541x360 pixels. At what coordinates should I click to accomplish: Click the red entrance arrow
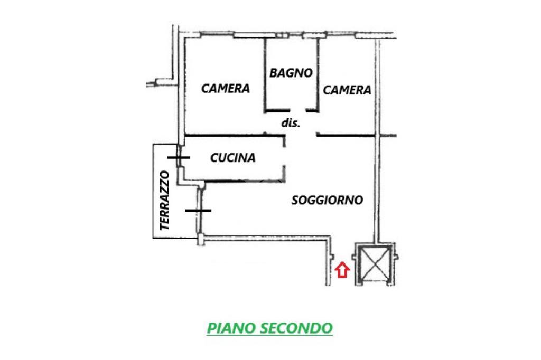[342, 270]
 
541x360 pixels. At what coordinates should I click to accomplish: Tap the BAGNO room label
[291, 73]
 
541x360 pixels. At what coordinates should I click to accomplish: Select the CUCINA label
[232, 157]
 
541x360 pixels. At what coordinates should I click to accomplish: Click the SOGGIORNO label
[327, 200]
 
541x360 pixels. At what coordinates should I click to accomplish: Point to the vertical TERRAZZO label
[165, 200]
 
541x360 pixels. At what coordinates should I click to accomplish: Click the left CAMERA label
[226, 88]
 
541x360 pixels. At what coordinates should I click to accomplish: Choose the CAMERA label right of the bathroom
[347, 90]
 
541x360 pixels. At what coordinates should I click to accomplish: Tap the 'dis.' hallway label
[291, 123]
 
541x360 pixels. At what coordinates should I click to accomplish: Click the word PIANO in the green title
[231, 328]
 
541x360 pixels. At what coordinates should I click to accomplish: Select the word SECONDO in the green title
[296, 328]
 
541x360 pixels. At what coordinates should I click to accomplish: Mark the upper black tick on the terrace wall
[179, 157]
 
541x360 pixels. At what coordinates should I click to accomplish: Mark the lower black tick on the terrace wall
[198, 210]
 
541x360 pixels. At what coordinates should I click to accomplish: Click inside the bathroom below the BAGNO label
[291, 95]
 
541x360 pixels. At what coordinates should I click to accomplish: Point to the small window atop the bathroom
[282, 35]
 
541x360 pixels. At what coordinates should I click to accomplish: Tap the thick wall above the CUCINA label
[232, 136]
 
